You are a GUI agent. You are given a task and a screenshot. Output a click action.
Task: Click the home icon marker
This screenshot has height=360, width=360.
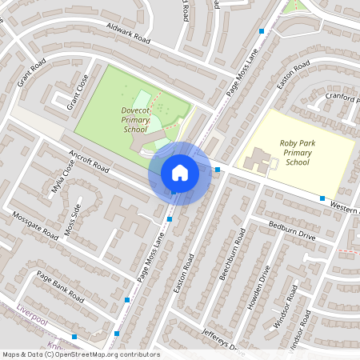pyautogui.click(x=179, y=173)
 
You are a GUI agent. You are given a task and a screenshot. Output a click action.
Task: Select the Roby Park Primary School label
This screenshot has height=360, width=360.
pyautogui.click(x=297, y=152)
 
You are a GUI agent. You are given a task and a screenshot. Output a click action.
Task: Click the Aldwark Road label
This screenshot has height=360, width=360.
pyautogui.click(x=128, y=33)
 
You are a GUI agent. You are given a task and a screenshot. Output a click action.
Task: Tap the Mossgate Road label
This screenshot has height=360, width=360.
pyautogui.click(x=36, y=226)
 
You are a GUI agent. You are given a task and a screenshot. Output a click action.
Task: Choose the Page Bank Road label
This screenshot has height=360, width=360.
pyautogui.click(x=60, y=286)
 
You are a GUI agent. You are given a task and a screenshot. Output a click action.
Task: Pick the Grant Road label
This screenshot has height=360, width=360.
pyautogui.click(x=31, y=72)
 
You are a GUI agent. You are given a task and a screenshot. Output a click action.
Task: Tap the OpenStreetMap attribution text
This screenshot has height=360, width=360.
pyautogui.click(x=80, y=354)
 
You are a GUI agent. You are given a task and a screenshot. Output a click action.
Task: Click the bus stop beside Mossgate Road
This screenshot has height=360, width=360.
pyautogui.click(x=127, y=299)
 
